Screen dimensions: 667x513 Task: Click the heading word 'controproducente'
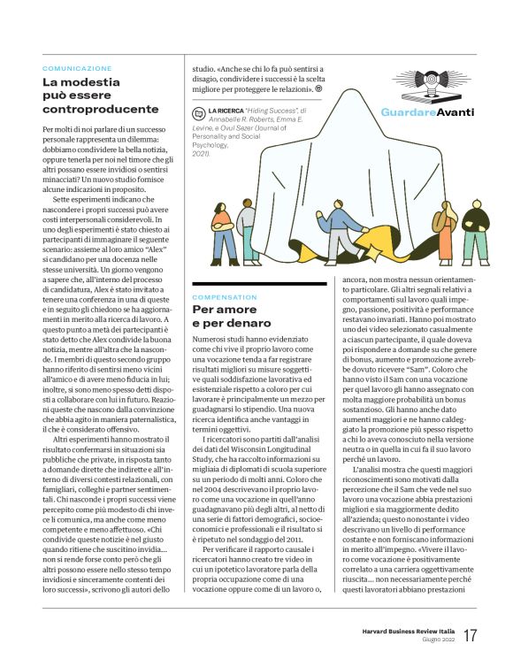102,109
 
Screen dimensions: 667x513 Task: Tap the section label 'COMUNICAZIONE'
77,67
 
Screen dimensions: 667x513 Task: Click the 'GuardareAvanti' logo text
427,111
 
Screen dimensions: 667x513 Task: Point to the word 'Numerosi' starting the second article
213,340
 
